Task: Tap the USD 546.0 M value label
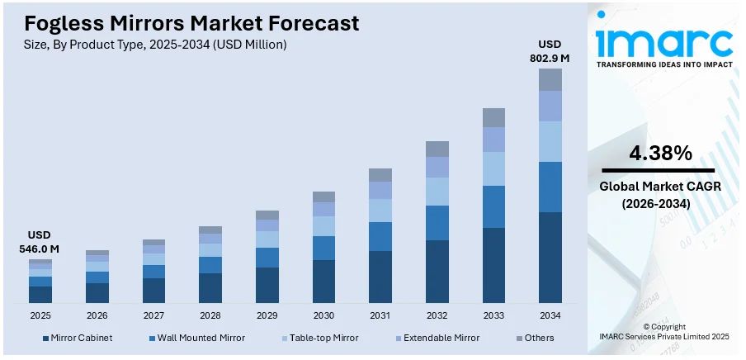39,242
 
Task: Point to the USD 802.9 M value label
550,51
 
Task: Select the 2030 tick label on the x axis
323,315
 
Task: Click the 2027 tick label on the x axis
153,315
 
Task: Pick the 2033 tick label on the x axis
493,315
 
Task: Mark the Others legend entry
538,338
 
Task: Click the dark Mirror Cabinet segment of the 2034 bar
550,258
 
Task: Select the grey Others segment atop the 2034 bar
550,79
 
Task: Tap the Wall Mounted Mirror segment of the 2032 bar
437,223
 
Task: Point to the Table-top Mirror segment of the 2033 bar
493,168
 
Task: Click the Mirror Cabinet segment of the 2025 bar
40,295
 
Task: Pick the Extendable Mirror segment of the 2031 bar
380,190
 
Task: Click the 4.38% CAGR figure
660,153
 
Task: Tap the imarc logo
663,41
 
